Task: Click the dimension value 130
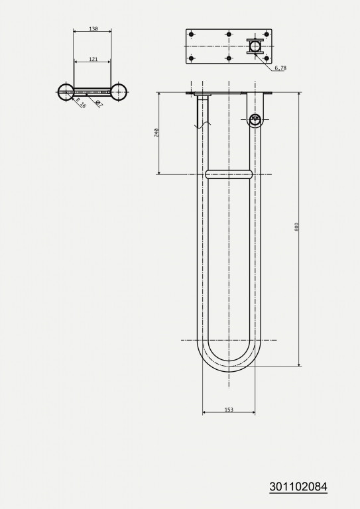[93, 29]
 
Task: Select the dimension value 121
[93, 59]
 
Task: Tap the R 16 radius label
[80, 103]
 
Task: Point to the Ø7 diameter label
[99, 104]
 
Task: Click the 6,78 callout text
[280, 68]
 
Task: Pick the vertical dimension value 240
[156, 133]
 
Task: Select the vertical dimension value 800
[296, 227]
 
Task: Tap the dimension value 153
[229, 410]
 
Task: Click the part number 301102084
[298, 487]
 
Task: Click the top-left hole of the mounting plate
[191, 34]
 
